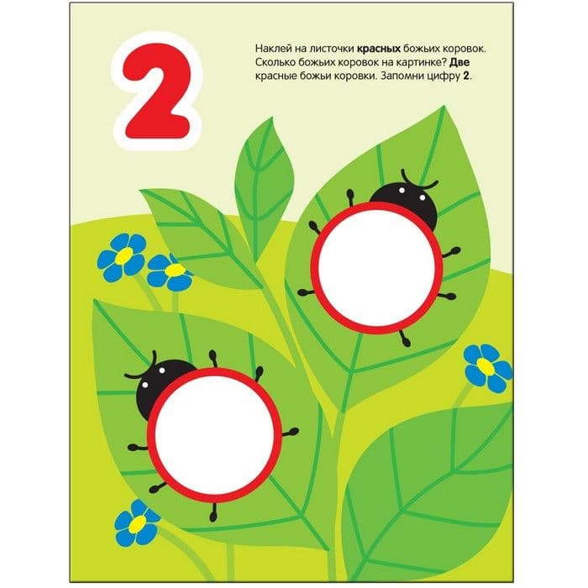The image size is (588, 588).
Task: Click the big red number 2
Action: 158,90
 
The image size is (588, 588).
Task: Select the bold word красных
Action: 379,49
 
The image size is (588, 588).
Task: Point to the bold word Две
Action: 459,63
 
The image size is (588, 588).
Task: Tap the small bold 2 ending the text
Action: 465,76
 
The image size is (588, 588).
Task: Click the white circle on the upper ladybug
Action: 377,268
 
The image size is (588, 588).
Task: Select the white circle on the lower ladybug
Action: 214,434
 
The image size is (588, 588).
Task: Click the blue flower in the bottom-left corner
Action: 136,523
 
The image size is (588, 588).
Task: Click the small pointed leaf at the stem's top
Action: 262,187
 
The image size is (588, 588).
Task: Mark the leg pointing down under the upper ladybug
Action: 404,338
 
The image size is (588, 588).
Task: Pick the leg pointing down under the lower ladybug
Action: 213,511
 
